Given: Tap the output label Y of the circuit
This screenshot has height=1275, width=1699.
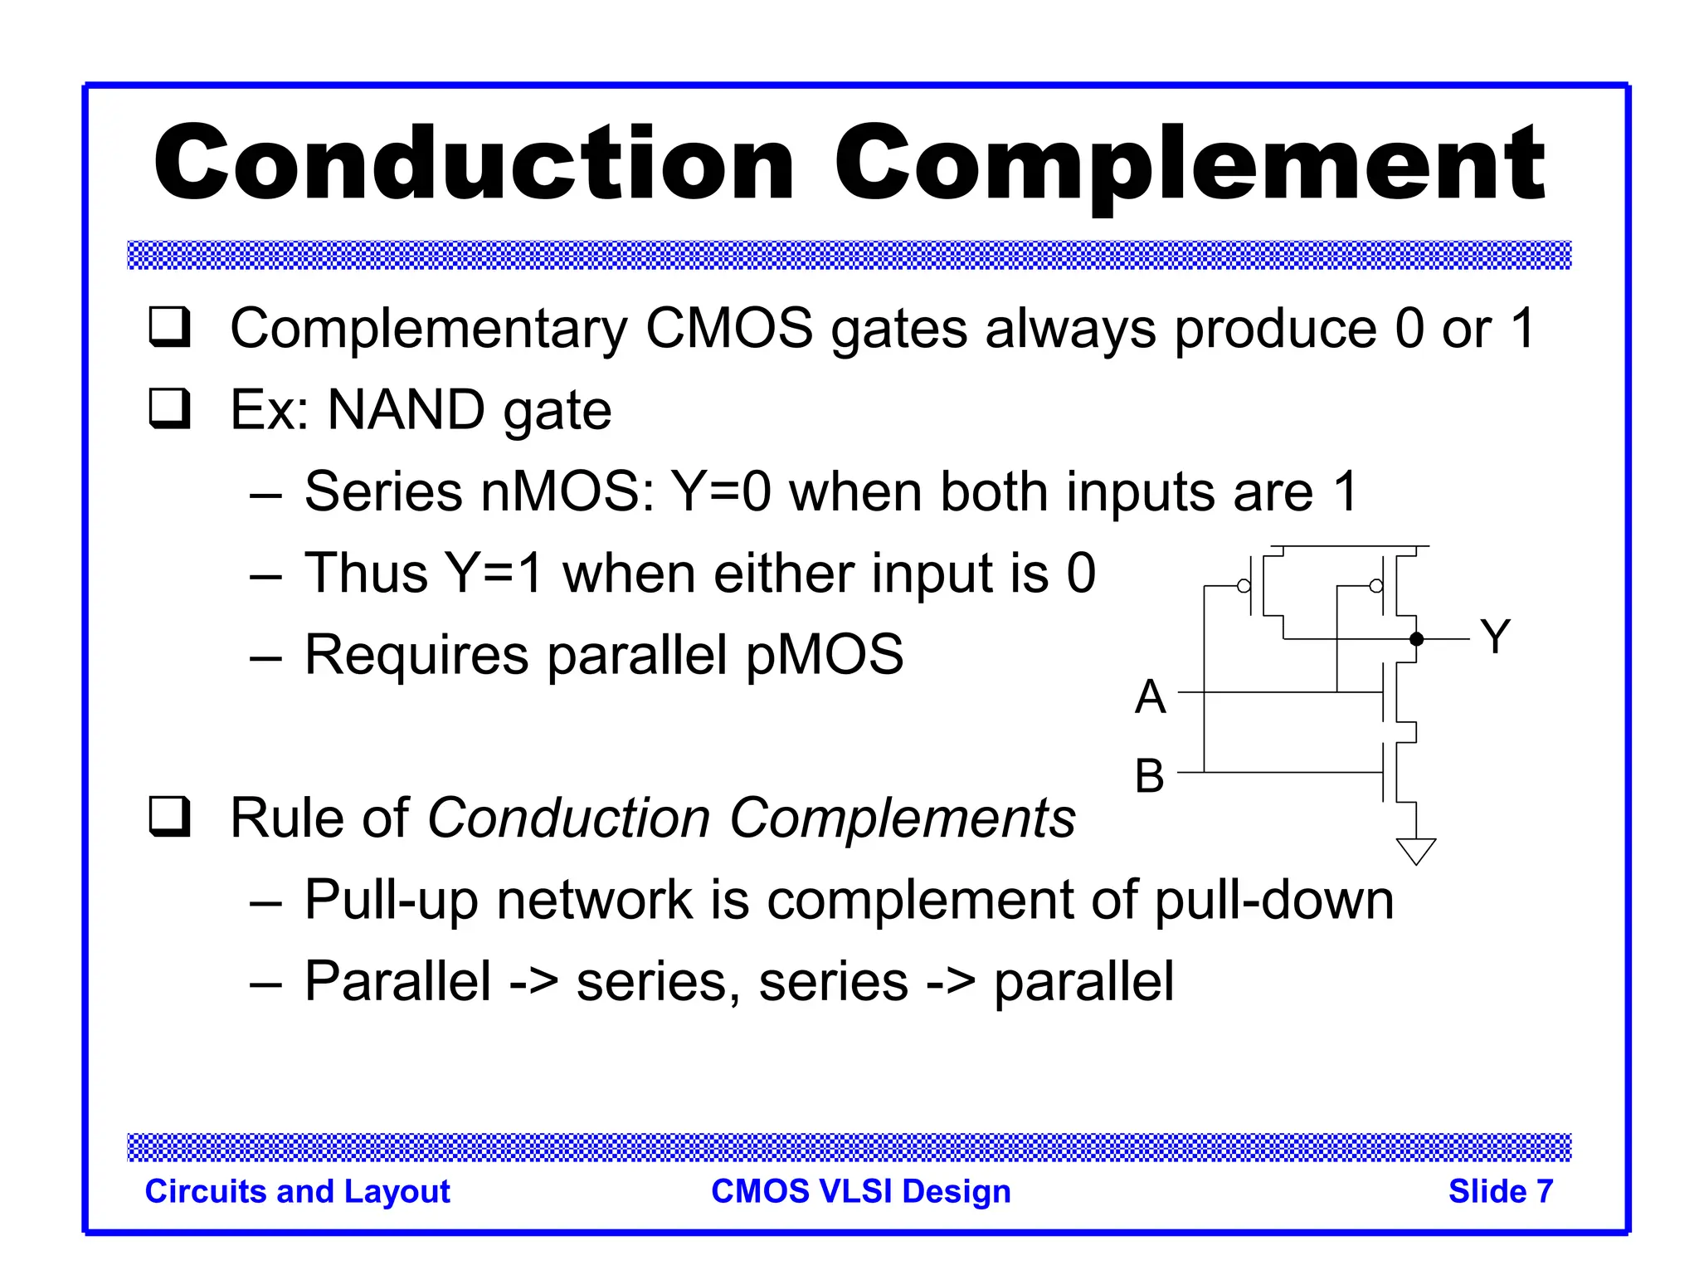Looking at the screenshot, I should tap(1495, 637).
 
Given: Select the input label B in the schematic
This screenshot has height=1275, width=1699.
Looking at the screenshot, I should tap(1150, 776).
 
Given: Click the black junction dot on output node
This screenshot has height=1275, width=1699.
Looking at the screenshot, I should tap(1417, 639).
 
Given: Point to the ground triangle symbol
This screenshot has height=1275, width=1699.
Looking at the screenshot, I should tap(1416, 849).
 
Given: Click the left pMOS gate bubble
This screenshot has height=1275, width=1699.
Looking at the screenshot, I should tap(1244, 586).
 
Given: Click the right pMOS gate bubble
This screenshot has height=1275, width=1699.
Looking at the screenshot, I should tap(1376, 586).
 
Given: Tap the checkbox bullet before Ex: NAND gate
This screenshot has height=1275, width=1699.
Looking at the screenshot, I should tap(170, 409).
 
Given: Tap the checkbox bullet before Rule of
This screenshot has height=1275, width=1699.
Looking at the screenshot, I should tap(170, 817).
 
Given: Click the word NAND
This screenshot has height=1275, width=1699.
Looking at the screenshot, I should tap(406, 410).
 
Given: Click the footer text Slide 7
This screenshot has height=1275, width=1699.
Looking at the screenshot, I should tap(1500, 1191).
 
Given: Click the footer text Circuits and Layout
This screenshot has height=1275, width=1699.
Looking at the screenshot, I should tap(297, 1191).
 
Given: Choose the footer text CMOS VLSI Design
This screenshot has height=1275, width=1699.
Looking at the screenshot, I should tap(861, 1191).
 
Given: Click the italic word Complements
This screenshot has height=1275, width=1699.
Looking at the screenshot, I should tap(902, 818).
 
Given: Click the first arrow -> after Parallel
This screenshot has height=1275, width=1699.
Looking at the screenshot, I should tap(533, 982).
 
